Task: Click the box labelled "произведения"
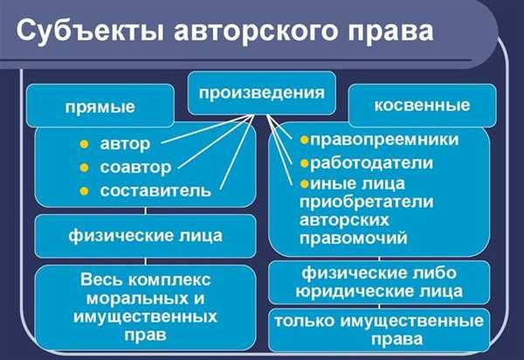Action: (262, 93)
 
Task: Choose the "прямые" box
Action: (100, 106)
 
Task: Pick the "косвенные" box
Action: (423, 106)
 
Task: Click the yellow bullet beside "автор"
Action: (84, 144)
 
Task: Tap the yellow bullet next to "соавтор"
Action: (84, 168)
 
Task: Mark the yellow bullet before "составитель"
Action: (84, 191)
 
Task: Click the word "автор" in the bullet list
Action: (125, 144)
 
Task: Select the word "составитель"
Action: (155, 190)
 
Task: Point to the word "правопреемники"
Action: (384, 140)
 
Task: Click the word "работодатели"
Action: (372, 163)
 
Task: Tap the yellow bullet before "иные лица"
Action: (304, 183)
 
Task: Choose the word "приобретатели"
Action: (367, 202)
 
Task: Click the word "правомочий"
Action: (354, 239)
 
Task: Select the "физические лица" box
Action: (145, 236)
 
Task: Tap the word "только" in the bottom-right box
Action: (304, 322)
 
